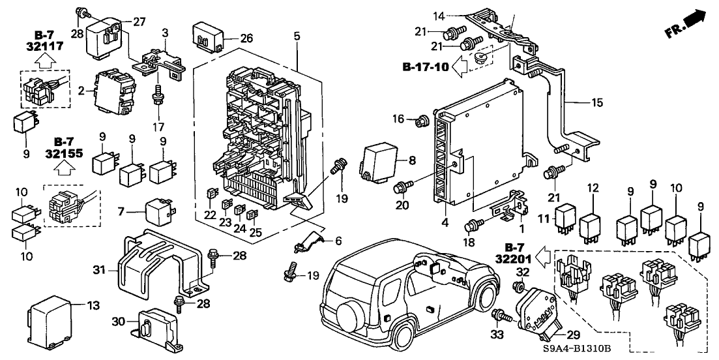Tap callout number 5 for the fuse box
297,37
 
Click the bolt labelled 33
501,317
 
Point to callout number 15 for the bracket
597,103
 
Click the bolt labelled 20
400,188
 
